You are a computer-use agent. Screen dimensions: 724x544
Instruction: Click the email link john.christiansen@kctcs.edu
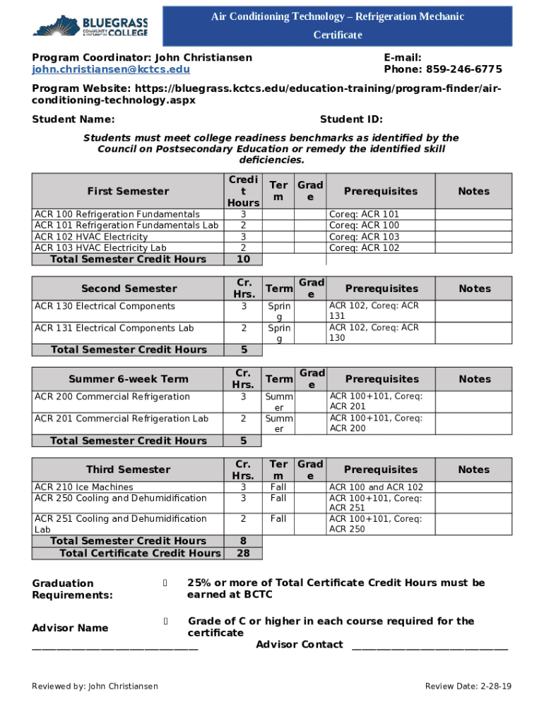(x=111, y=69)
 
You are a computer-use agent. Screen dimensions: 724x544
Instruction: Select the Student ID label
(x=351, y=119)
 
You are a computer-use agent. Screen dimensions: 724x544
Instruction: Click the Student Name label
(x=73, y=119)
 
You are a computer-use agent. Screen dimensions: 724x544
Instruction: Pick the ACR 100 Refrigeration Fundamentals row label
(x=117, y=214)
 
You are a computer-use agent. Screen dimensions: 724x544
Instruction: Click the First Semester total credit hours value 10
(x=243, y=259)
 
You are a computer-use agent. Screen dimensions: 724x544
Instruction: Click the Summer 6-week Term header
(x=129, y=379)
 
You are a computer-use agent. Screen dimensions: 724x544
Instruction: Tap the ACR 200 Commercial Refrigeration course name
(x=112, y=397)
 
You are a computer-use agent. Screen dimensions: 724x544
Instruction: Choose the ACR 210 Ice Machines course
(x=83, y=487)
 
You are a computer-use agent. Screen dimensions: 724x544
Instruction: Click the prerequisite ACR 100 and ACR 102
(x=376, y=487)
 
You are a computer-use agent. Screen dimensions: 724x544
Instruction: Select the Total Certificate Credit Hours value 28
(x=243, y=553)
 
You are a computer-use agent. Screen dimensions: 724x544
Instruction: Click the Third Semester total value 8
(x=243, y=542)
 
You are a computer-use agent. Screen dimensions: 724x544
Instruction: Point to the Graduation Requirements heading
(x=72, y=589)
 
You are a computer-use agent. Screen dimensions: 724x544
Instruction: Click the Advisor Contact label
(x=300, y=644)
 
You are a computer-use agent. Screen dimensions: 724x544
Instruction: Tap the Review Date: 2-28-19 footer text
(x=468, y=687)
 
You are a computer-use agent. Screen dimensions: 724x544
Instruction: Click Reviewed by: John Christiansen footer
(x=95, y=687)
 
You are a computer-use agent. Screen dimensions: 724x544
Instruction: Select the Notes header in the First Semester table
(x=473, y=192)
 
